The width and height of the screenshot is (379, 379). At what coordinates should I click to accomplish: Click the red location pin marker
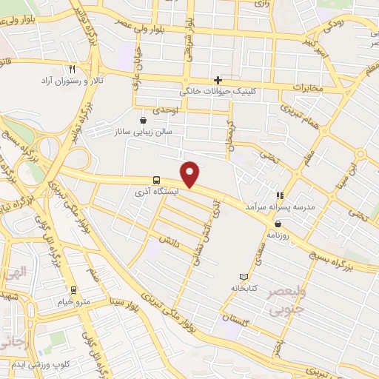pos(191,174)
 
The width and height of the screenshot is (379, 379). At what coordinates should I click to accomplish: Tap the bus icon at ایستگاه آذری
pos(156,180)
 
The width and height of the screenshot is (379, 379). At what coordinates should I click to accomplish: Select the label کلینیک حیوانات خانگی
pos(216,93)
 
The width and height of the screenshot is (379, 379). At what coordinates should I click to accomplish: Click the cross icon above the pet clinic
pos(218,80)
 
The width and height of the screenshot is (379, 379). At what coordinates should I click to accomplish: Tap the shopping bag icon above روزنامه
pos(278,223)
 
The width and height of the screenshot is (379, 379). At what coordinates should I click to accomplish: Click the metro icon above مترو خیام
pos(73,289)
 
